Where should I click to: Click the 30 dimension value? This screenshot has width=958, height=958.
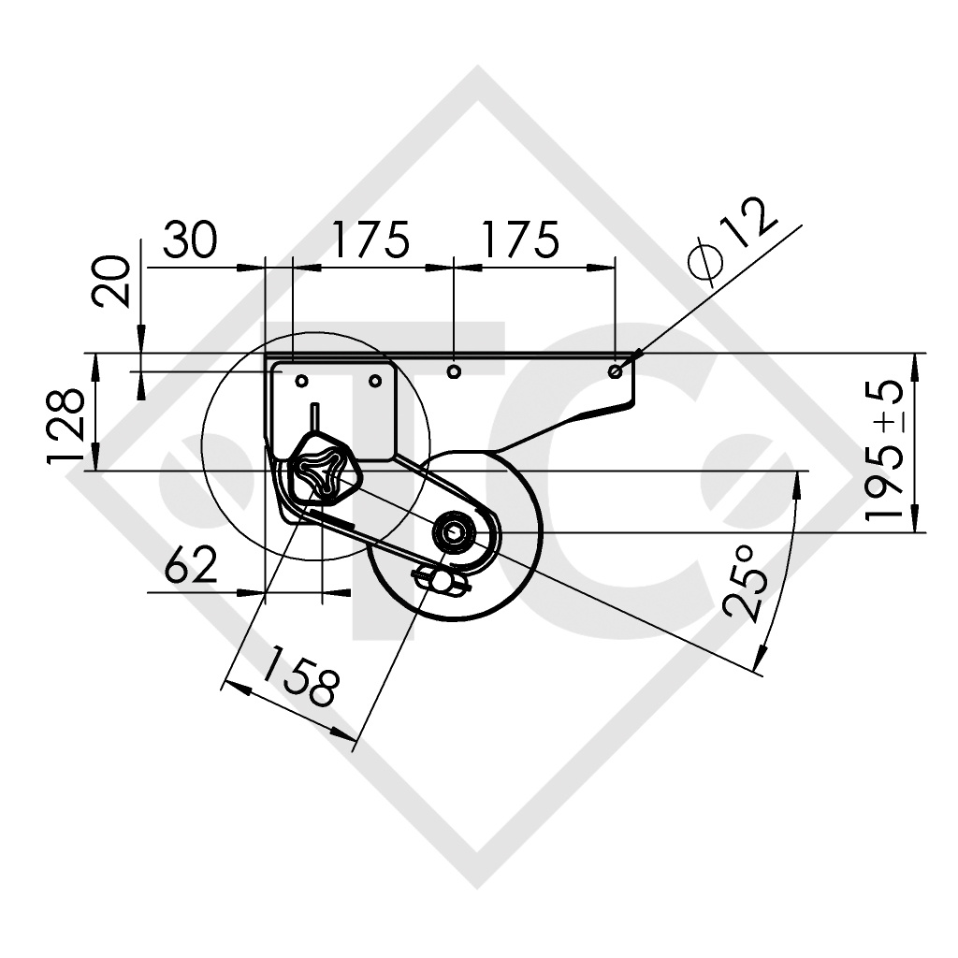click(x=191, y=240)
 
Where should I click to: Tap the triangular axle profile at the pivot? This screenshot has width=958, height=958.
click(x=315, y=471)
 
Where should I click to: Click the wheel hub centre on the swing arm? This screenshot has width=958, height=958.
click(x=455, y=532)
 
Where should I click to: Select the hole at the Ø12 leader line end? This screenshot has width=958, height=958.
click(x=615, y=371)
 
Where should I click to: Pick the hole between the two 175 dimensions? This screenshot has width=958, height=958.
click(x=454, y=371)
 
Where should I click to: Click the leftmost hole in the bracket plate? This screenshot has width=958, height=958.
click(x=302, y=381)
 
